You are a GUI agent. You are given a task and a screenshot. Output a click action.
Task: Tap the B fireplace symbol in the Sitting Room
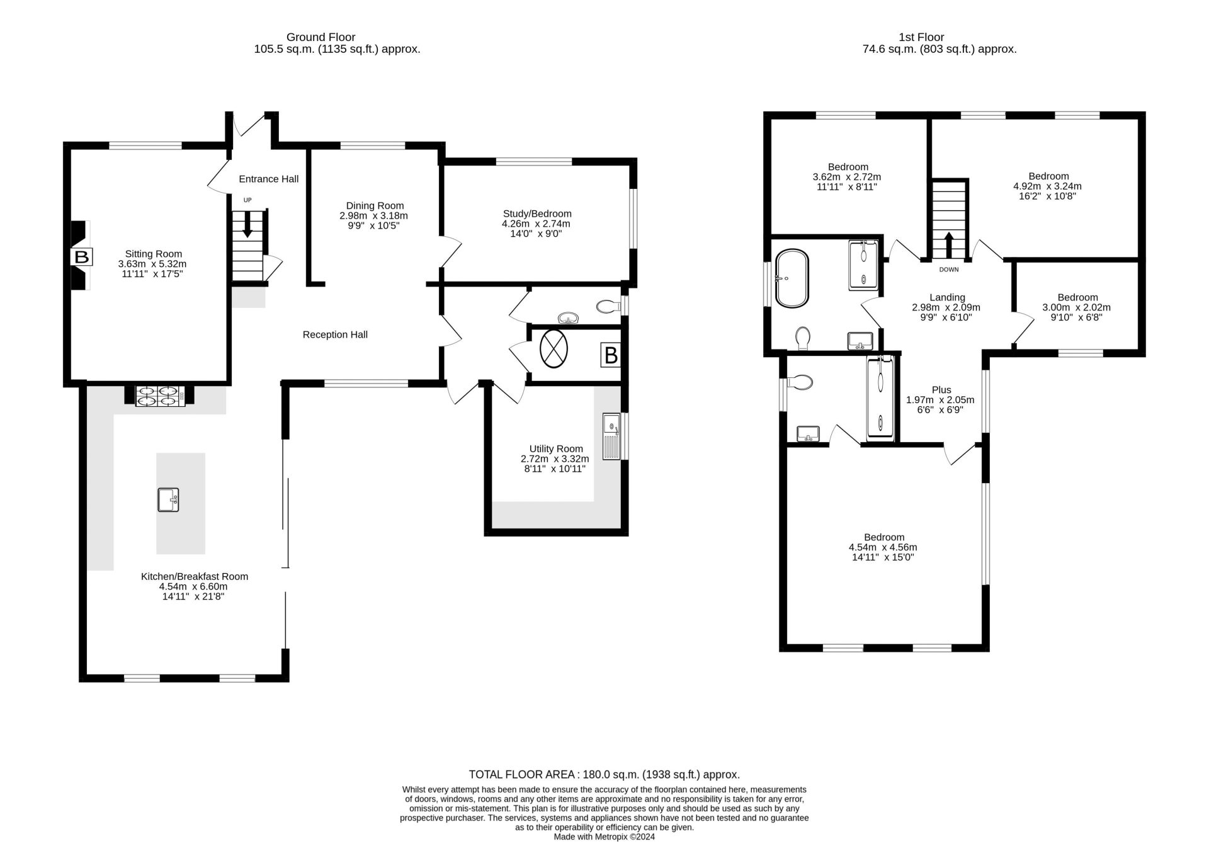82,257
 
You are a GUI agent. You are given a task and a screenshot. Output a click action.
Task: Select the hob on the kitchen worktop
161,395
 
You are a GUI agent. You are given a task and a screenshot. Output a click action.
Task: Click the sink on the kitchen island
168,499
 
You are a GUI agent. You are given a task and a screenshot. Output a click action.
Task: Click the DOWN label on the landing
949,270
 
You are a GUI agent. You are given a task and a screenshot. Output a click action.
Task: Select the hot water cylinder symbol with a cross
553,349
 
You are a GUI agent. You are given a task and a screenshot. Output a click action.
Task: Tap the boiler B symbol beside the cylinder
611,356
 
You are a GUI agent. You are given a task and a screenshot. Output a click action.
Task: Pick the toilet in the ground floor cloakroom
608,307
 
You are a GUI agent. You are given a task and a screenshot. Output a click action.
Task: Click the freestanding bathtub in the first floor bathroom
792,278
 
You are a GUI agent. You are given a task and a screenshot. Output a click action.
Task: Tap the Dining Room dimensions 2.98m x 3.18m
375,215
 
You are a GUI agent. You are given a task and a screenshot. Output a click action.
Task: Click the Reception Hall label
335,334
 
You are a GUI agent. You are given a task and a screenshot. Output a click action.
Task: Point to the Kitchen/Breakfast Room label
195,576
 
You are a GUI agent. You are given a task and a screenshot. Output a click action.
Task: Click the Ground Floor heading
321,37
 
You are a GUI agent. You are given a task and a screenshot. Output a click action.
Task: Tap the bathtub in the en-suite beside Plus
880,397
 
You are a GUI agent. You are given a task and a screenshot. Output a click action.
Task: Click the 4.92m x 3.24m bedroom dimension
1048,186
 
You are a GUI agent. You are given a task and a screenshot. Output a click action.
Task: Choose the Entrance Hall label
269,179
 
